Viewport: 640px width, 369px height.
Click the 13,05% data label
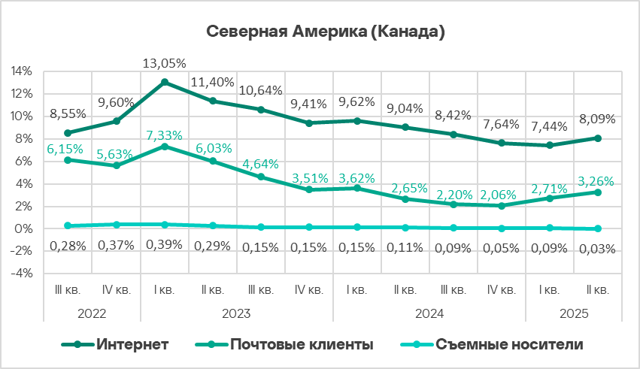164,63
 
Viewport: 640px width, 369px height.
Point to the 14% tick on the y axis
21,71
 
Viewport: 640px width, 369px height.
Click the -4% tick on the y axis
21,274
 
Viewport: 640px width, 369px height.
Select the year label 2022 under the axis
92,313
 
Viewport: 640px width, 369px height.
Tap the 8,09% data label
598,119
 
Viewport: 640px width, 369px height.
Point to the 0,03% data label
598,249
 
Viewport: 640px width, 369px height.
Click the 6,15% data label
68,150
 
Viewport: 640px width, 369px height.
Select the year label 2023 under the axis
236,313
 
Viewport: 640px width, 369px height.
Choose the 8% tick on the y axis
23,139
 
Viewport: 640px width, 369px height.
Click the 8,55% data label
68,115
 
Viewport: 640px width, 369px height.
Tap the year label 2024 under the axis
429,313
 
